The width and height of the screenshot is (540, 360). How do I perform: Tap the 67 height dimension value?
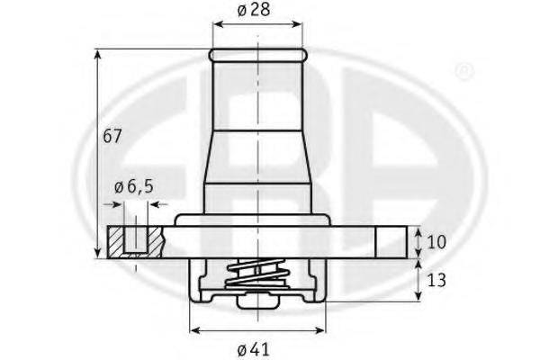(x=112, y=136)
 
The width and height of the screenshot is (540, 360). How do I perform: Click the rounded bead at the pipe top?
(x=256, y=55)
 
